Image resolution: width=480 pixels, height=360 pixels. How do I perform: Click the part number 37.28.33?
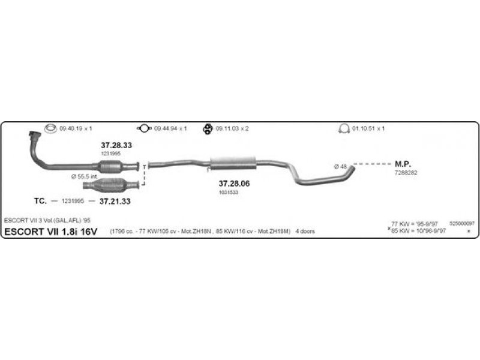click(116, 145)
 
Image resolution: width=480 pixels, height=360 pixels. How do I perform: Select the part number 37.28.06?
click(234, 183)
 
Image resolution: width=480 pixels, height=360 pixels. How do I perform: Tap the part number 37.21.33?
click(115, 201)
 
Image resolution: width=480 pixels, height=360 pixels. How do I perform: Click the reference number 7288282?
click(406, 172)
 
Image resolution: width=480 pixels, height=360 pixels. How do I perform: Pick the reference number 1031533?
click(229, 192)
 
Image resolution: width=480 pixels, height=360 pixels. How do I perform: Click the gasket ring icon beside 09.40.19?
click(51, 128)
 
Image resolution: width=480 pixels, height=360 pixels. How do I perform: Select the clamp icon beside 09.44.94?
click(144, 128)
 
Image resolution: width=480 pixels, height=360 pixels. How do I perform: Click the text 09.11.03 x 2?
click(232, 128)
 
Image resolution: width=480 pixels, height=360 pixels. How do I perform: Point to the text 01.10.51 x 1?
click(368, 128)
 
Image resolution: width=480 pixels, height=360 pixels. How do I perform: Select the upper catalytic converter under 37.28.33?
click(116, 166)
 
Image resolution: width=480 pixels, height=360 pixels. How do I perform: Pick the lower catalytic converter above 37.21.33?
click(114, 184)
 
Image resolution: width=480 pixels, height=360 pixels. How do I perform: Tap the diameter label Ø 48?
click(340, 166)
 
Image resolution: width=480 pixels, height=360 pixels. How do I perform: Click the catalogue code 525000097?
click(461, 223)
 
